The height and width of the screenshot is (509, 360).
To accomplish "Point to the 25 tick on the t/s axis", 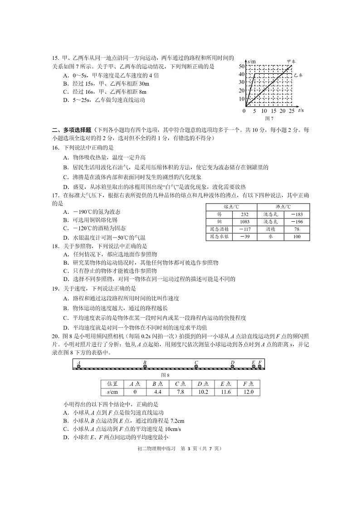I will [291, 111].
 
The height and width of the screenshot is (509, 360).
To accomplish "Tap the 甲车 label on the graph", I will [291, 61].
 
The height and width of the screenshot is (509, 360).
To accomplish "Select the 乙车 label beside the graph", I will [298, 76].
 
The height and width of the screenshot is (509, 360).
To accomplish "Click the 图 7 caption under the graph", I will [269, 118].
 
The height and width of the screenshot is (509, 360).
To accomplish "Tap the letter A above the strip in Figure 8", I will [79, 362].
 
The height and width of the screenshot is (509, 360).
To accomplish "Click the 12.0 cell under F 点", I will [248, 392].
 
